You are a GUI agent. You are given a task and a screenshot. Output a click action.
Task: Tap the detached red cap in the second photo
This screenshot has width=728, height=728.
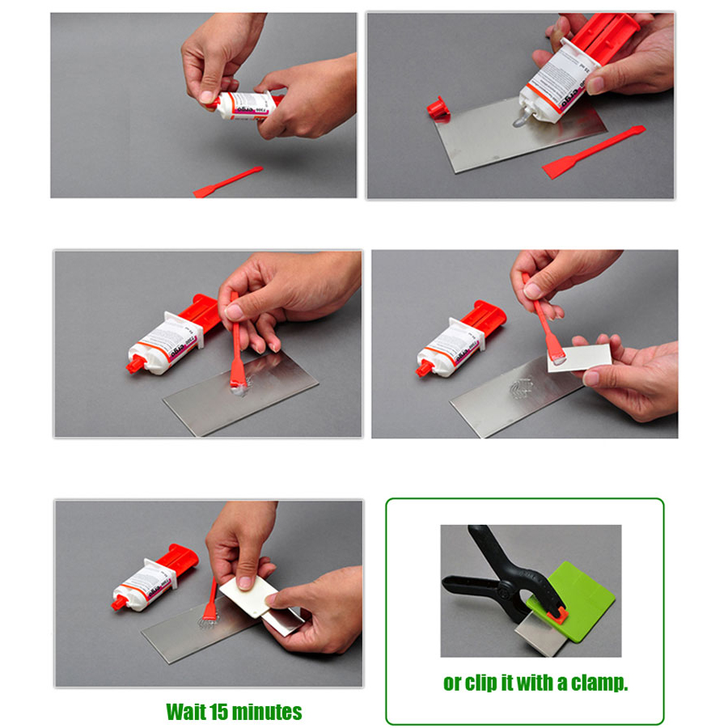438,108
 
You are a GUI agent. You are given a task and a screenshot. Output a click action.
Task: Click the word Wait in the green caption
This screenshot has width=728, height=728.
186,713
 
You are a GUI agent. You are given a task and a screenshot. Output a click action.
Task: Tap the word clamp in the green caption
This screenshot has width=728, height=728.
599,684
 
